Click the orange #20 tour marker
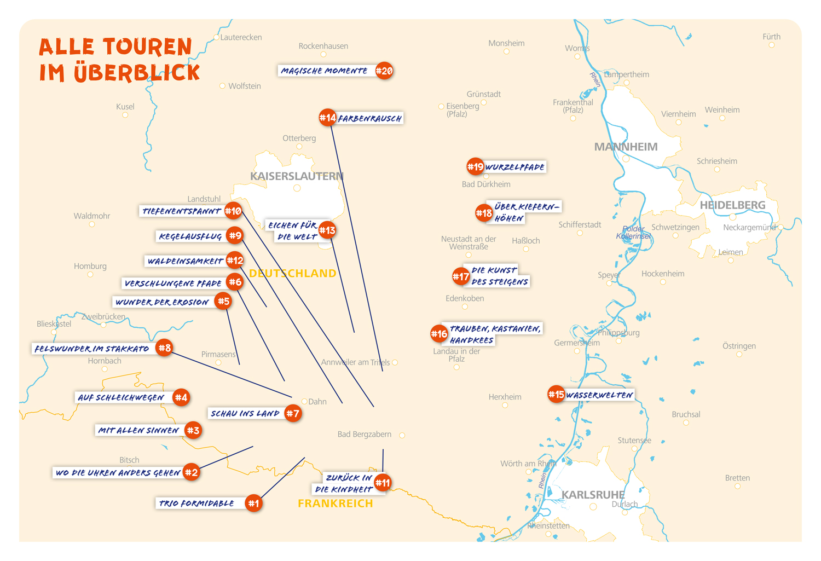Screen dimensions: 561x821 point(384,71)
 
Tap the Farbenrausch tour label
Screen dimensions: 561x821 point(370,118)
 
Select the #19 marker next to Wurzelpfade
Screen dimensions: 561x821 point(475,166)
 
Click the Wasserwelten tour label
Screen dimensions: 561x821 point(599,395)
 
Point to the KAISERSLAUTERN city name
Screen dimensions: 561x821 point(297,176)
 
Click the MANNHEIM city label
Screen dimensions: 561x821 point(626,147)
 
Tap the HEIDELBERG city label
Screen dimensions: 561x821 point(732,205)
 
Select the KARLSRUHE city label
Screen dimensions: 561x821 point(593,495)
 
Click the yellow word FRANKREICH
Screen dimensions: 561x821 point(335,504)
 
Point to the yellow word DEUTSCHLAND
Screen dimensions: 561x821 point(292,273)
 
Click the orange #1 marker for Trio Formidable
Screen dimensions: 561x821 point(253,503)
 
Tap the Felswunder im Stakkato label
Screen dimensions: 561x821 point(92,349)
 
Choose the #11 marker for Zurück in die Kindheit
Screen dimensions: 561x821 point(383,483)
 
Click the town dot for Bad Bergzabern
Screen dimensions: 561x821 point(402,435)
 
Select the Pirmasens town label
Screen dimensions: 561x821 point(218,354)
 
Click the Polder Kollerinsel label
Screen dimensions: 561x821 point(633,233)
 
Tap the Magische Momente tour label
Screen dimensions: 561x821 point(324,71)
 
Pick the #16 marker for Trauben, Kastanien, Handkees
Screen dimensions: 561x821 point(439,333)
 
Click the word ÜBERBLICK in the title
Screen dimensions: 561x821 point(137,73)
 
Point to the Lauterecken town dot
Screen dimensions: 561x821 point(216,38)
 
